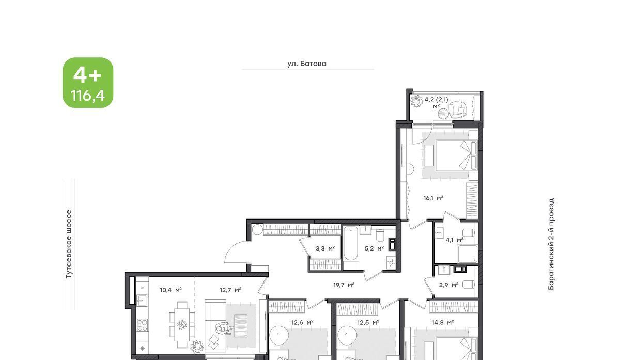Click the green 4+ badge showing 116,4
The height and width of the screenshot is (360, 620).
(x=88, y=83)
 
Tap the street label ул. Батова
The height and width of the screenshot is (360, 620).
(x=307, y=64)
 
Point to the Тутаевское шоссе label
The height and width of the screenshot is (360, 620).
(x=69, y=244)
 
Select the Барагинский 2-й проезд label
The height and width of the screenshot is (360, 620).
(x=551, y=244)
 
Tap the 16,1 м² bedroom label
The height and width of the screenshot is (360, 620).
(x=433, y=198)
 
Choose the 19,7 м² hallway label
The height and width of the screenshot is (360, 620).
(x=344, y=285)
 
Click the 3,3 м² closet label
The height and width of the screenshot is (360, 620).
(x=325, y=248)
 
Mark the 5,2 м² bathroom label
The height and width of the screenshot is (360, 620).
(x=374, y=248)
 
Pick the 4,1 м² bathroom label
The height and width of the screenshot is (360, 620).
(x=455, y=240)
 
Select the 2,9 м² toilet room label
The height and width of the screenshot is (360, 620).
(x=448, y=285)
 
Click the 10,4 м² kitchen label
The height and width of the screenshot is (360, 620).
(x=171, y=290)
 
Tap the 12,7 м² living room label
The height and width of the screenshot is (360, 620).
(x=230, y=290)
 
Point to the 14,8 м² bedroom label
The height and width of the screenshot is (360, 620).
(x=443, y=322)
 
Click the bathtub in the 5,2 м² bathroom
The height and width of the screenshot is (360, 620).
(x=351, y=244)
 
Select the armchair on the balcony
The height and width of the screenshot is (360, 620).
(x=458, y=109)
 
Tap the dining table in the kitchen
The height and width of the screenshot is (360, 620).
(x=182, y=324)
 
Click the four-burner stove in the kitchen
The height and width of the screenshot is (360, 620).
(x=142, y=325)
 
